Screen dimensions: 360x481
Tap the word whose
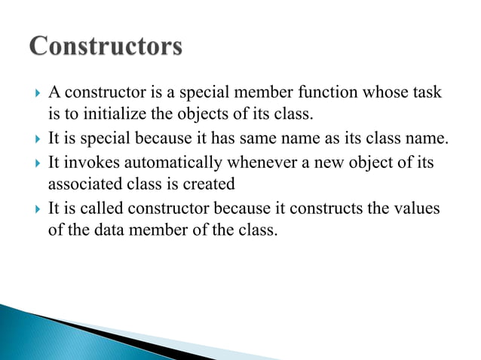[x=386, y=95]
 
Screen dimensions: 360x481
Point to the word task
[x=427, y=95]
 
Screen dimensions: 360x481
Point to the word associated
[x=82, y=184]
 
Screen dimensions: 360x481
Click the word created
[x=211, y=184]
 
